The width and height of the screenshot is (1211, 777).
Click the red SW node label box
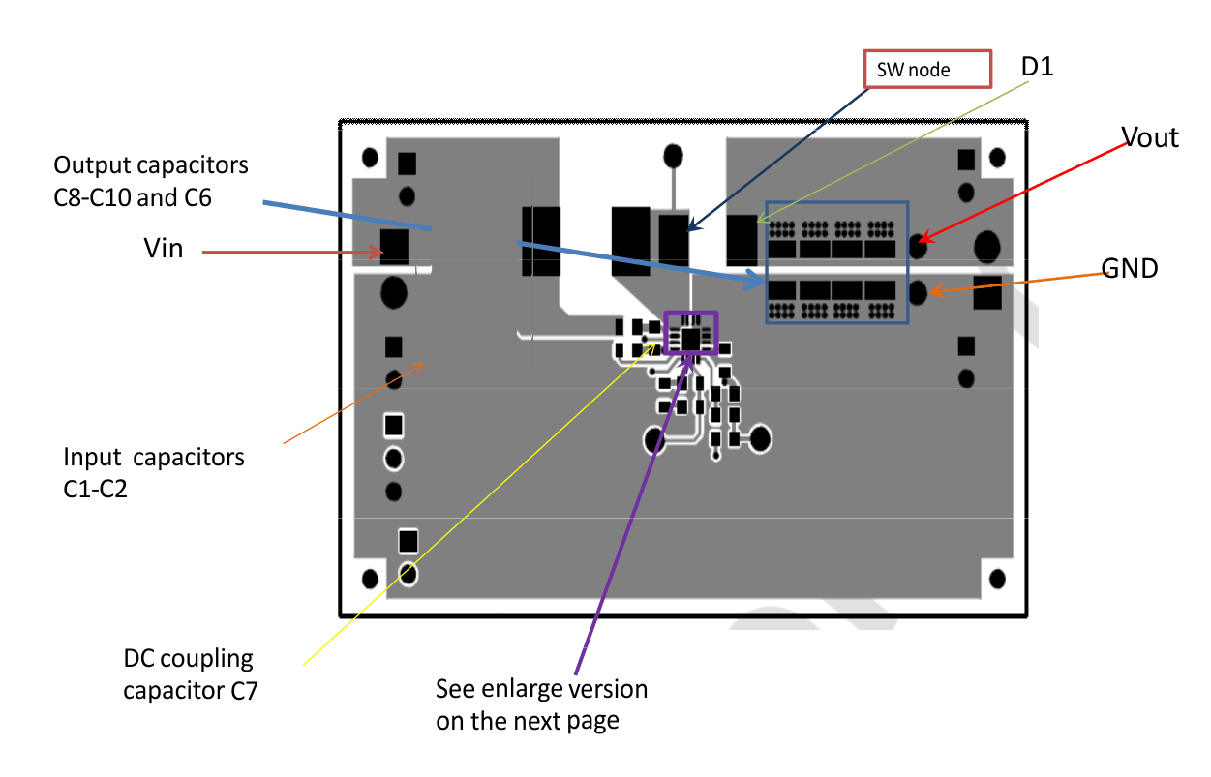[x=927, y=69]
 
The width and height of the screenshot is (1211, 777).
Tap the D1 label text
[x=1037, y=67]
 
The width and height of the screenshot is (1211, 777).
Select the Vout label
[x=1149, y=137]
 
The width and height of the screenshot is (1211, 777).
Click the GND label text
[x=1130, y=268]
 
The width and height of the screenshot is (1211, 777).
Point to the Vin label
[x=164, y=249]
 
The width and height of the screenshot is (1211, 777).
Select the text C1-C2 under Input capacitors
[x=95, y=489]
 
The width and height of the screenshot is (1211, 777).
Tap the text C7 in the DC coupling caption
[x=244, y=691]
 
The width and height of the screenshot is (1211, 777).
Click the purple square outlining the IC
[x=691, y=333]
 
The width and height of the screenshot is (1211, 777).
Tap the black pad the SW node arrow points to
[x=674, y=239]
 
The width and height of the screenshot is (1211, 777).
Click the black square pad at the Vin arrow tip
[x=394, y=247]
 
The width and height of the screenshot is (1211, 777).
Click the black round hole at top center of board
[x=673, y=156]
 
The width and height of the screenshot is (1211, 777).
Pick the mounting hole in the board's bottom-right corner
[x=997, y=579]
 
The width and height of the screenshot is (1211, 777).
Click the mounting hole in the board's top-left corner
[x=370, y=158]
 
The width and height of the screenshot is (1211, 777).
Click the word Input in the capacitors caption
[x=93, y=458]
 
